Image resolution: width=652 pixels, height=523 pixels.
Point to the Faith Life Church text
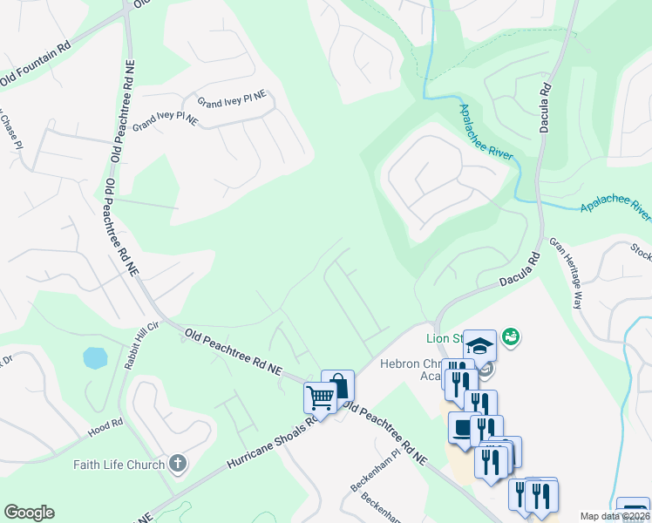pos(119,465)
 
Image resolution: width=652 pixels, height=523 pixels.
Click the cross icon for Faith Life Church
pos(177,463)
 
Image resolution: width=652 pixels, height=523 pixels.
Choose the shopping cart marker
pos(320,398)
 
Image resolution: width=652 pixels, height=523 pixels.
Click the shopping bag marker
pos(338,386)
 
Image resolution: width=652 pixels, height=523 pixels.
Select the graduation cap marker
pos(479,345)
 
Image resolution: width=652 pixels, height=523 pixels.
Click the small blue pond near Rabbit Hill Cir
pos(95,358)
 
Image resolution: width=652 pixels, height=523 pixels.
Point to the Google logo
pos(29,513)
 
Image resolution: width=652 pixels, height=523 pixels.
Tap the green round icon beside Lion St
pos(510,336)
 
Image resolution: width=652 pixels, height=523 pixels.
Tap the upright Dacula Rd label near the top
pos(546,104)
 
